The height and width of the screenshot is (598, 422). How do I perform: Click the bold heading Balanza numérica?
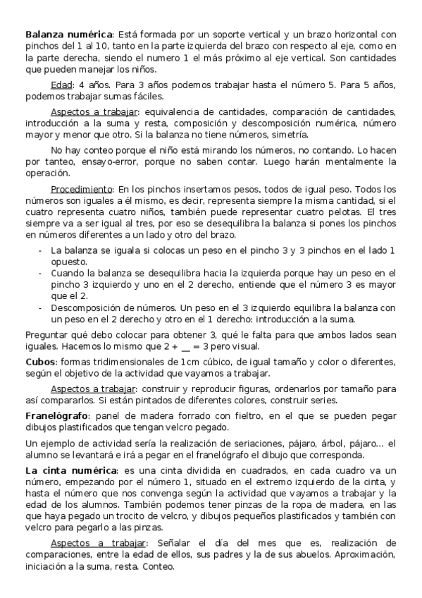[x=68, y=34]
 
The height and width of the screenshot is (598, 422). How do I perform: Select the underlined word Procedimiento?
[x=82, y=190]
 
